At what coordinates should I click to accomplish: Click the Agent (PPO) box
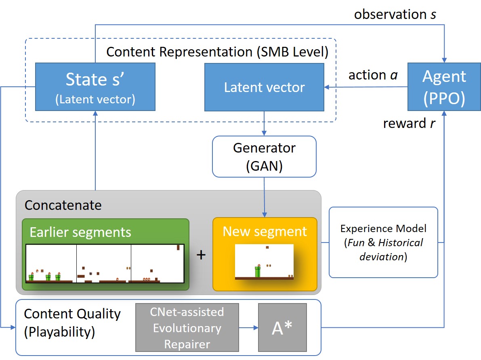click(x=444, y=87)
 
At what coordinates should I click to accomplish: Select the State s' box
click(x=95, y=87)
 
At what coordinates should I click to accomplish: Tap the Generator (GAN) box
click(x=264, y=157)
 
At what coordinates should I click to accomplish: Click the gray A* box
click(x=282, y=327)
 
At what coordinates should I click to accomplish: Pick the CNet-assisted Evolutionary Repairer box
click(x=187, y=327)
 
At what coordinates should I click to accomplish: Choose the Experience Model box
click(x=383, y=242)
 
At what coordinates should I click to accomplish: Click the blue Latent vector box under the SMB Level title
click(x=264, y=87)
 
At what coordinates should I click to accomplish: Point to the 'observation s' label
click(x=395, y=15)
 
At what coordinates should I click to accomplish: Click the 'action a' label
click(x=373, y=75)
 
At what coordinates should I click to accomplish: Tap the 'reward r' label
click(x=409, y=123)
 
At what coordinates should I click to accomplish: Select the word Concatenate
click(x=63, y=205)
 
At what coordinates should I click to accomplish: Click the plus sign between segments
click(x=201, y=255)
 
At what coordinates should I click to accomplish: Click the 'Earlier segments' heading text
click(x=80, y=232)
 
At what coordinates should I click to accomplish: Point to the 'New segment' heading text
click(x=265, y=231)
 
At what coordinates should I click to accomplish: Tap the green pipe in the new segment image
click(x=258, y=271)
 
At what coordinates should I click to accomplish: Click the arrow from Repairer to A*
click(x=248, y=328)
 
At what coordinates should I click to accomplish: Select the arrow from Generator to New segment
click(x=265, y=197)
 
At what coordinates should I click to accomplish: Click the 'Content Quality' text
click(x=72, y=314)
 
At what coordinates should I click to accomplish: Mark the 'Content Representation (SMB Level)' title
click(x=217, y=52)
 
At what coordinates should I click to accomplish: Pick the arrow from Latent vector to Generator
click(x=264, y=123)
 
